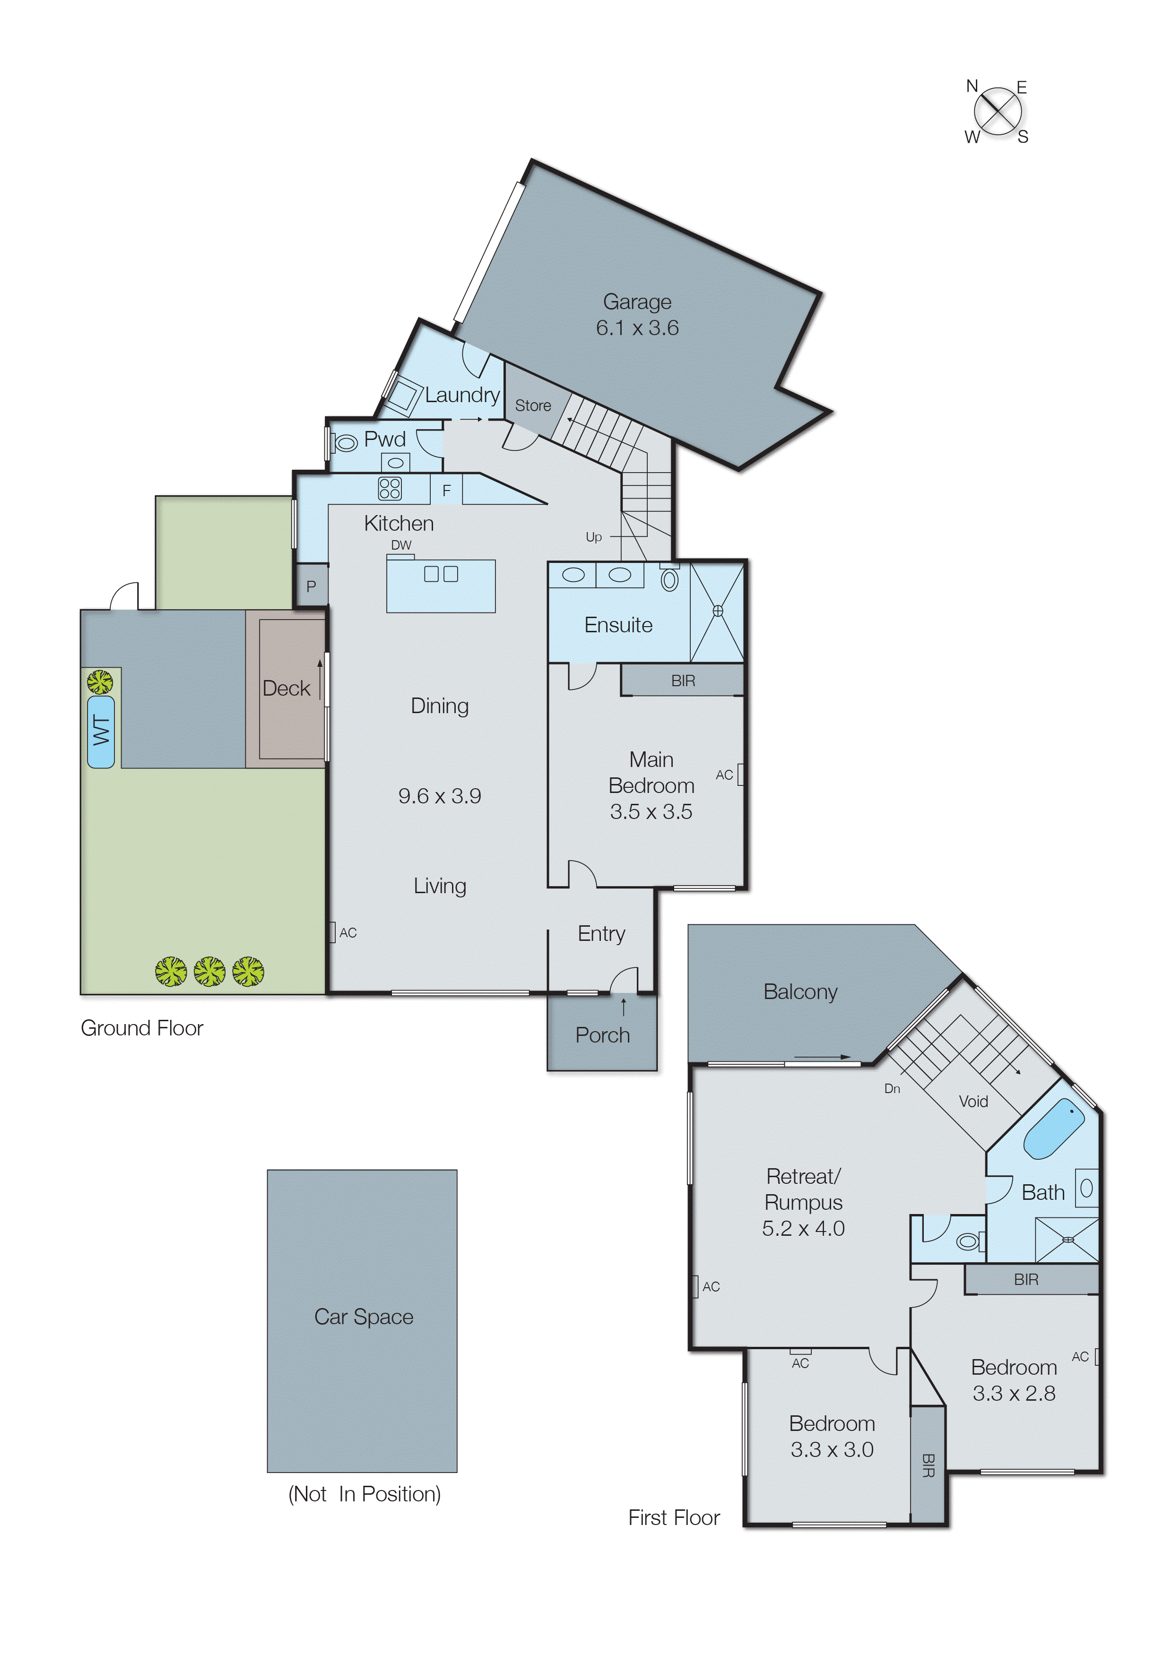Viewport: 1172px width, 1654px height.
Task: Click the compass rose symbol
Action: pyautogui.click(x=998, y=112)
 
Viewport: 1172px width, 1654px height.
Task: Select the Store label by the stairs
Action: pyautogui.click(x=533, y=405)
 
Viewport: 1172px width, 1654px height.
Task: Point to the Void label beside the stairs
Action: pyautogui.click(x=973, y=1102)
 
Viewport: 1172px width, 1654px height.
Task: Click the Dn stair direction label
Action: pyautogui.click(x=892, y=1088)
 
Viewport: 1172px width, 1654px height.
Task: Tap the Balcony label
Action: pyautogui.click(x=800, y=992)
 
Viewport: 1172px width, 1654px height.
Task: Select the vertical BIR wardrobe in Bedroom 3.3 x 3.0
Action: pyautogui.click(x=928, y=1464)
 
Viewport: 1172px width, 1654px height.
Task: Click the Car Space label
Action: pyautogui.click(x=364, y=1317)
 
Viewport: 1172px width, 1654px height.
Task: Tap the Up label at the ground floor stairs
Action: pyautogui.click(x=593, y=537)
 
